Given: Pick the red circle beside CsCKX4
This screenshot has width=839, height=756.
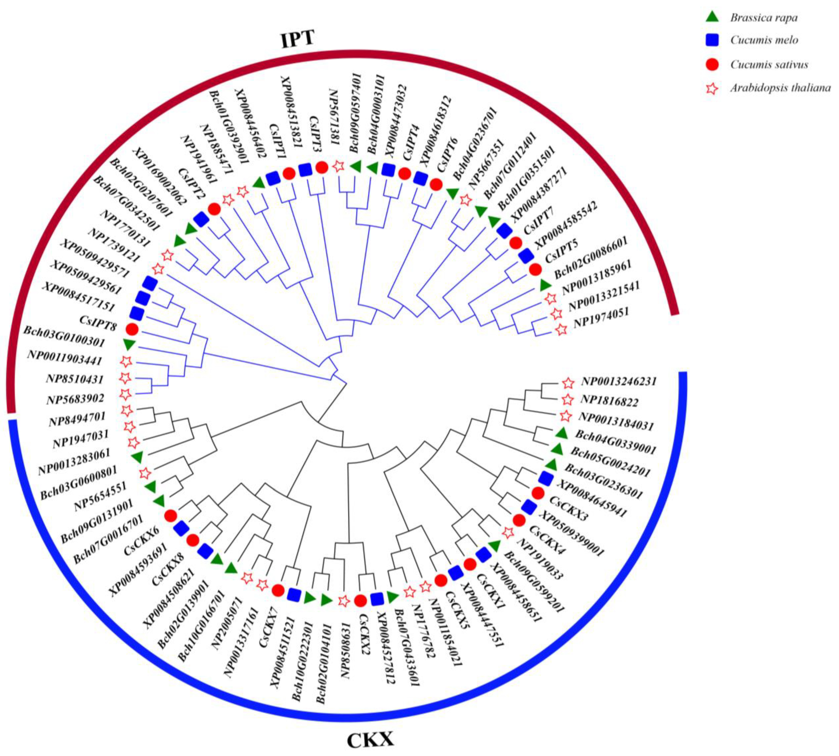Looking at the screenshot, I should [x=519, y=520].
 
